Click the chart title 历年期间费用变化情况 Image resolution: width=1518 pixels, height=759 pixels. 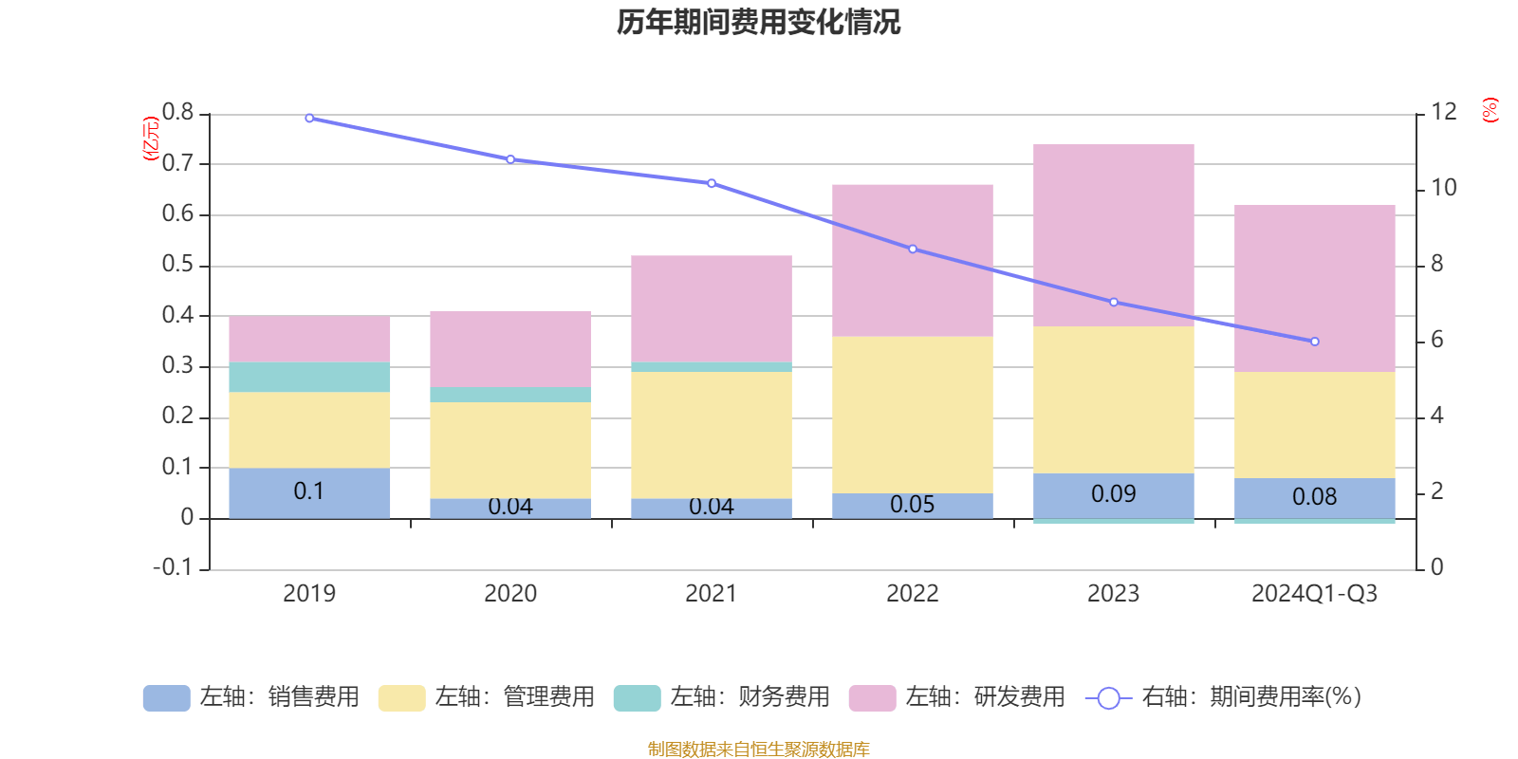[x=758, y=22]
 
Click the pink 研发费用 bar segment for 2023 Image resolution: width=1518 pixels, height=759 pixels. [x=1113, y=235]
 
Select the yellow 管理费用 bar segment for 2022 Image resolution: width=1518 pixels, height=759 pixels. [x=912, y=415]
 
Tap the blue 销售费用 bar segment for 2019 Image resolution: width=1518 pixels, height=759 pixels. [x=309, y=492]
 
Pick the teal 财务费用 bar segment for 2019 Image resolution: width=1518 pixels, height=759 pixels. [x=309, y=377]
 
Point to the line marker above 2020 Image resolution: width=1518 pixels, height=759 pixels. [x=510, y=159]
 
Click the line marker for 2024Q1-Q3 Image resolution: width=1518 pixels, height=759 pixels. [x=1314, y=342]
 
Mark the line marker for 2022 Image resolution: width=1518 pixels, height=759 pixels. [x=913, y=250]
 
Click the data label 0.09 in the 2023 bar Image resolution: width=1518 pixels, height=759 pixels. [x=1113, y=494]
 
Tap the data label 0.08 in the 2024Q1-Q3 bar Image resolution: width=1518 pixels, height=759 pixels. [x=1314, y=497]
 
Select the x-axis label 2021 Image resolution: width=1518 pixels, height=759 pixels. [x=711, y=594]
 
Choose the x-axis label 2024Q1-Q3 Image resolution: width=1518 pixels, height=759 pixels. [x=1314, y=594]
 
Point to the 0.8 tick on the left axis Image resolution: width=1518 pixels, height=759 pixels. [x=177, y=113]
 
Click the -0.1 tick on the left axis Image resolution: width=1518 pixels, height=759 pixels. [x=173, y=567]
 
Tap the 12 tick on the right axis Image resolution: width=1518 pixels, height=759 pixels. [x=1444, y=112]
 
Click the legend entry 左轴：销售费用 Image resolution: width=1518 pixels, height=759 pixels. [x=251, y=697]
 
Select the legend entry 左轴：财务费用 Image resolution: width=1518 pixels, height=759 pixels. [x=722, y=697]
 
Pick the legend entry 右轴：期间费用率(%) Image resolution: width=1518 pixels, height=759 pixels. [x=1224, y=697]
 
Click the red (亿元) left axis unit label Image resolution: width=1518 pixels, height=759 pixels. [x=150, y=139]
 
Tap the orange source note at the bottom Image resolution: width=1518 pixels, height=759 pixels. [x=758, y=750]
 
